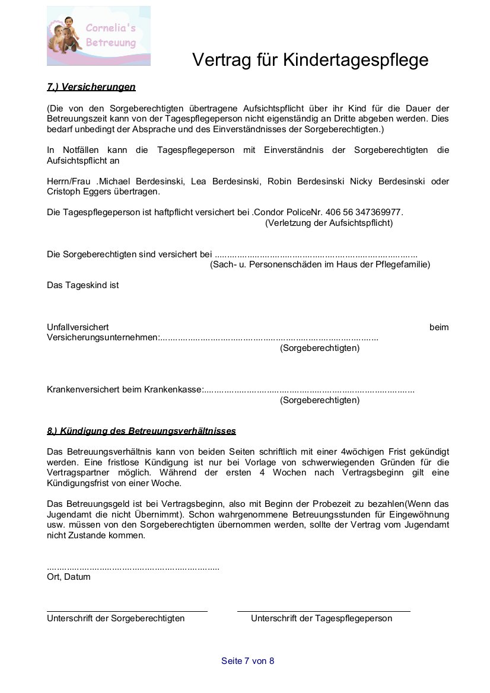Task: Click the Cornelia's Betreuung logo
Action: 98,36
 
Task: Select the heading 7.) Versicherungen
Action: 91,87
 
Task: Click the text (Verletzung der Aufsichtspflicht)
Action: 329,223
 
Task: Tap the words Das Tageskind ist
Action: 83,285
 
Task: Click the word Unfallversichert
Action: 78,327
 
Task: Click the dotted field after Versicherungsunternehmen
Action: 269,338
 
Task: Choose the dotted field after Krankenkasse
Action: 309,390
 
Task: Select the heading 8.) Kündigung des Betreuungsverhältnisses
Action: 141,431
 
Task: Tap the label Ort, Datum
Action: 69,577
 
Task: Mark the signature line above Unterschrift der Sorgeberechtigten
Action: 127,611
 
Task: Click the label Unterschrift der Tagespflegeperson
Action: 322,618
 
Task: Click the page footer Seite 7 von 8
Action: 248,661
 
